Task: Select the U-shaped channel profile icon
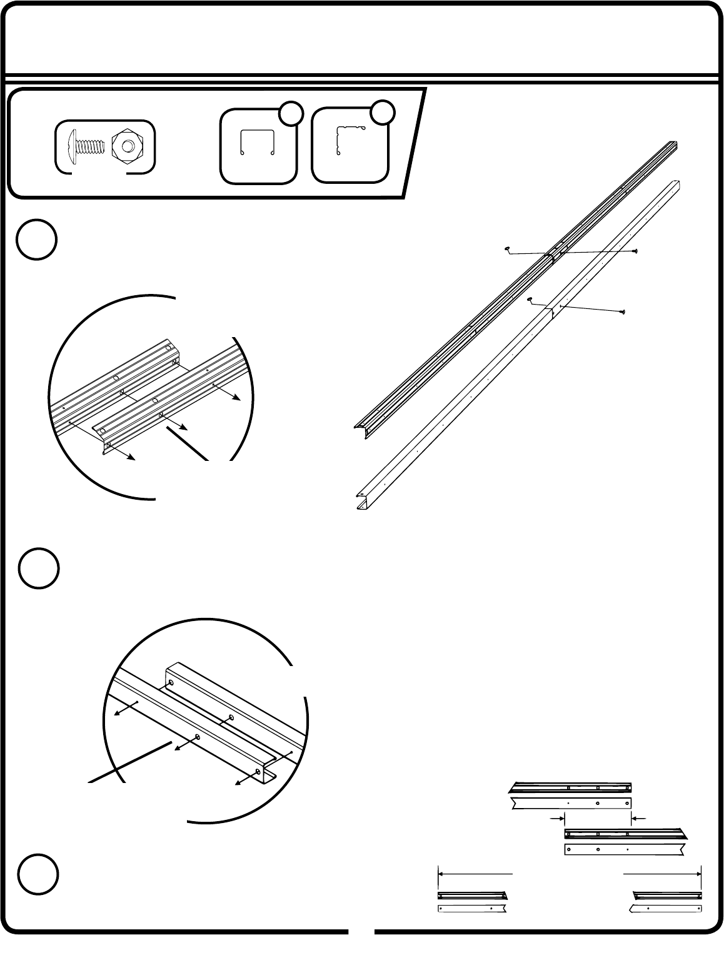[x=258, y=143]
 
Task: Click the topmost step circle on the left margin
[x=37, y=240]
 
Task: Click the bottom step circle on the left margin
[x=37, y=875]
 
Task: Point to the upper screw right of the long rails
[x=635, y=251]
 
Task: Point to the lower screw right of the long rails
[x=621, y=311]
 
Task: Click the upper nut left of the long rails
[x=507, y=250]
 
